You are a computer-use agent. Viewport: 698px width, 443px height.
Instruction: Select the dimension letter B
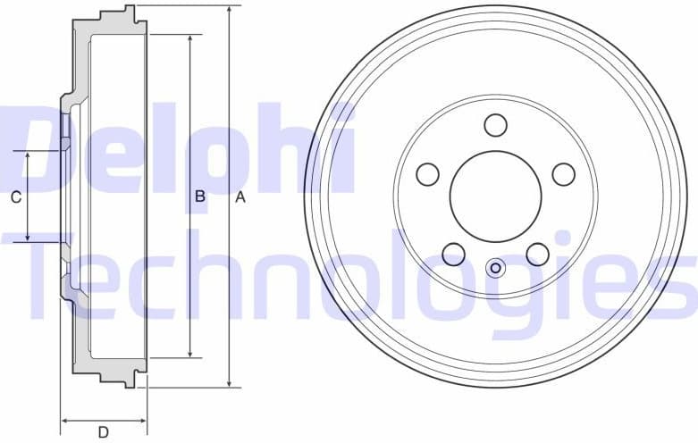pos(200,196)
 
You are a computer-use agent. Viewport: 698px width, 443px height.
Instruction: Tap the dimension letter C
pos(15,197)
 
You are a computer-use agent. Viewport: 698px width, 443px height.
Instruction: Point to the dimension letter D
pos(104,432)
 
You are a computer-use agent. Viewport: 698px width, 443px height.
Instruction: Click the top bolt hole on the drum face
pos(496,124)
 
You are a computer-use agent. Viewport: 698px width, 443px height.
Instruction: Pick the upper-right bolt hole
pos(563,173)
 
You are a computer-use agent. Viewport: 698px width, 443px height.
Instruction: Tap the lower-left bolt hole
pos(454,254)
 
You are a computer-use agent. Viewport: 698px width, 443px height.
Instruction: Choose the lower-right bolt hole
pos(537,254)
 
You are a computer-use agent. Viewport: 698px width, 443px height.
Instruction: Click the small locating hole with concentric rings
pos(495,267)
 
